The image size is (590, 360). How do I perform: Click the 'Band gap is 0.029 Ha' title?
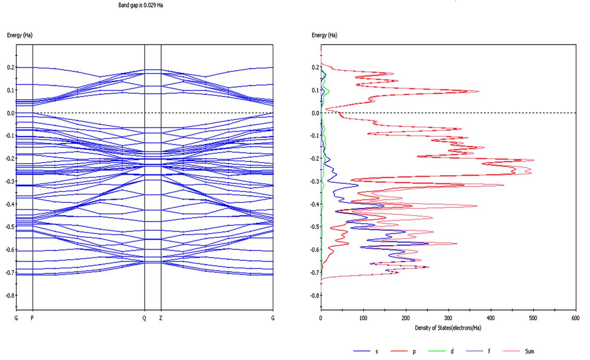tap(140, 5)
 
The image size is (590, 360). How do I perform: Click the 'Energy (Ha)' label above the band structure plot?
tap(19, 35)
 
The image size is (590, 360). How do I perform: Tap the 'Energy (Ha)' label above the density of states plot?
tap(324, 35)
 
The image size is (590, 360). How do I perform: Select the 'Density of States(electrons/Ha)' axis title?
tap(448, 328)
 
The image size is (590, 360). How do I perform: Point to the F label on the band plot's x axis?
tap(32, 318)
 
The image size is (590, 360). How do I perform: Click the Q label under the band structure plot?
tap(144, 318)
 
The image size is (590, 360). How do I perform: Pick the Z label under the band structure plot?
tap(161, 318)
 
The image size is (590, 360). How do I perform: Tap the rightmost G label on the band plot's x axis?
tap(273, 318)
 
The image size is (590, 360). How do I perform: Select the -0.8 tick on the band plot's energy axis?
tap(9, 295)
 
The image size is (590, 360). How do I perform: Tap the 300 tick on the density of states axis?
tap(448, 318)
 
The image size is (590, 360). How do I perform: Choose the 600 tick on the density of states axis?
tap(576, 318)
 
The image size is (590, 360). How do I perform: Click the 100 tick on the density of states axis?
tap(363, 318)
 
